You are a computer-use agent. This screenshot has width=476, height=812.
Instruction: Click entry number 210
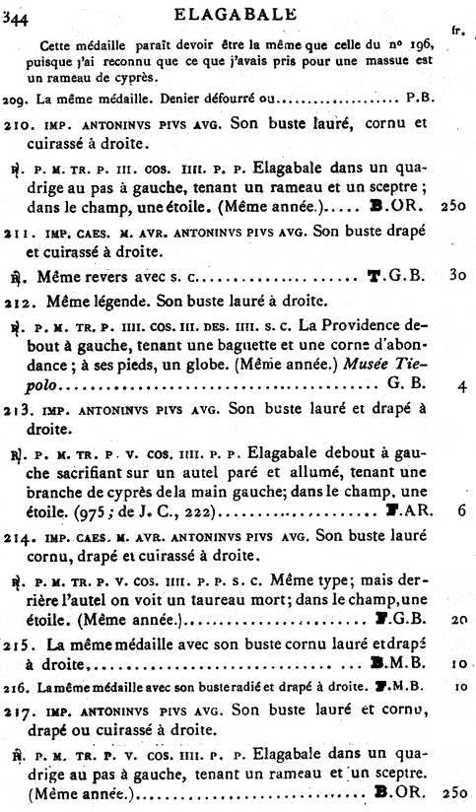tap(16, 125)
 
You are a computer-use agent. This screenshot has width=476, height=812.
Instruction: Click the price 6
tap(460, 512)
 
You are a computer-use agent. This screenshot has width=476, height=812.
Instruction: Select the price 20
tap(458, 623)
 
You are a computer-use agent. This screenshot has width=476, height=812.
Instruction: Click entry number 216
tap(13, 687)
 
